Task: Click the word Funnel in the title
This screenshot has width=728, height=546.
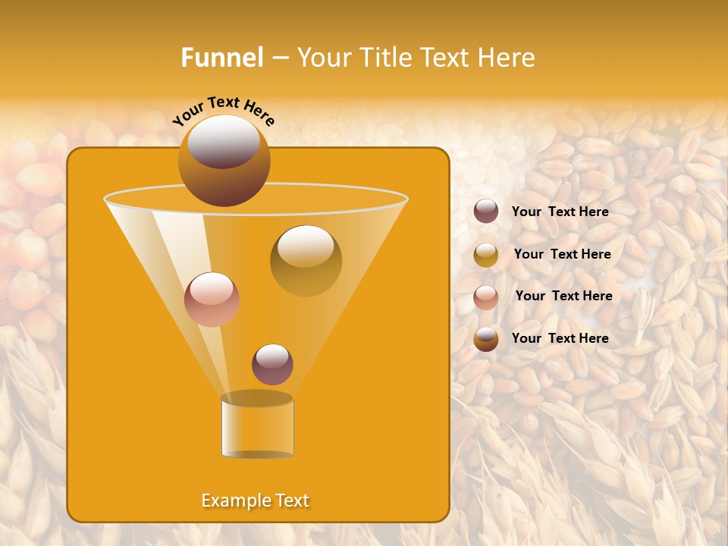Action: [x=222, y=58]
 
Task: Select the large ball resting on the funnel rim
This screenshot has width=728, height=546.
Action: [x=224, y=160]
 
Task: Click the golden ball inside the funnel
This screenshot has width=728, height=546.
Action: [x=306, y=261]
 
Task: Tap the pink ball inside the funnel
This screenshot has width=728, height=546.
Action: [x=212, y=300]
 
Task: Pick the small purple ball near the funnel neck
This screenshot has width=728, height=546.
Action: [x=272, y=364]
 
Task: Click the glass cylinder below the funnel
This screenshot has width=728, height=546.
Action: [x=257, y=425]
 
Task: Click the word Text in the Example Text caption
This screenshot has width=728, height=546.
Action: [x=292, y=500]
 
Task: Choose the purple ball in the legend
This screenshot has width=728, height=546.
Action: [x=486, y=212]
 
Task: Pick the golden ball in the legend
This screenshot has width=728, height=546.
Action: [x=486, y=255]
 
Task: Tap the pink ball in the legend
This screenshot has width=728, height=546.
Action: [x=486, y=297]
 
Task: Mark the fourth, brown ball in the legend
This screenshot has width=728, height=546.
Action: [x=486, y=339]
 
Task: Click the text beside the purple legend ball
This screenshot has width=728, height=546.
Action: [x=560, y=212]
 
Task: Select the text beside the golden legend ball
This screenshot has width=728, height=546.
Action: [x=562, y=254]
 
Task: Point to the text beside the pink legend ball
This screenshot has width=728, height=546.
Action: [x=563, y=296]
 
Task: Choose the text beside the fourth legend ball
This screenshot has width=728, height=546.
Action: [x=560, y=338]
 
